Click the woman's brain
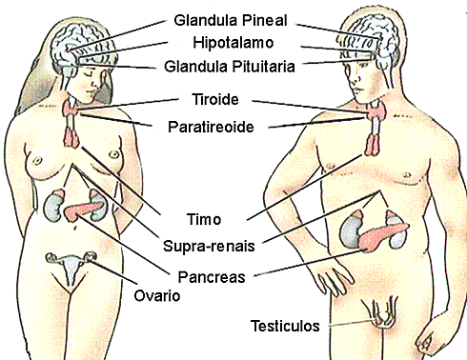pyautogui.click(x=81, y=40)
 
